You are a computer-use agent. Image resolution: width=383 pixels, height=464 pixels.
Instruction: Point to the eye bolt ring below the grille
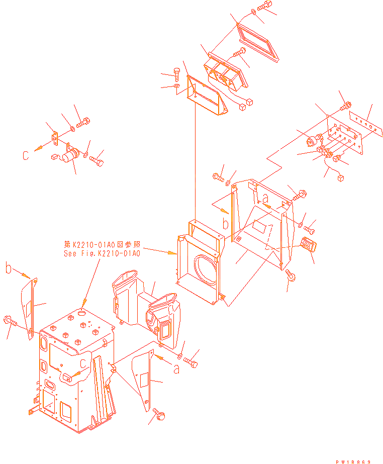point(290,274)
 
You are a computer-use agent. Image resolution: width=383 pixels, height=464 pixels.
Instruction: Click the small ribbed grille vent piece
point(308,247)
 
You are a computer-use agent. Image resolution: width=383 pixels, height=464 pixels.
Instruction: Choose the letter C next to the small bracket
point(26,156)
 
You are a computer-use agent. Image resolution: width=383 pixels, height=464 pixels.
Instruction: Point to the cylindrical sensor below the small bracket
point(69,154)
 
